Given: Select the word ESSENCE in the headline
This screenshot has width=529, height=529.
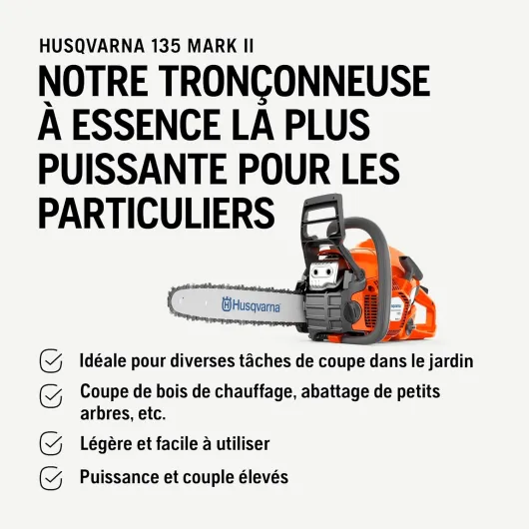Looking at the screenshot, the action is tap(146, 125).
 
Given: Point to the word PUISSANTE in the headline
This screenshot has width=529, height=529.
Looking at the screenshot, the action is tap(132, 169).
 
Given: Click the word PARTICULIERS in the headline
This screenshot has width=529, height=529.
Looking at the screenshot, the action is tap(156, 213).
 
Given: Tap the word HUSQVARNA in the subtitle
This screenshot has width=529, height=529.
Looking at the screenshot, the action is tap(92, 46).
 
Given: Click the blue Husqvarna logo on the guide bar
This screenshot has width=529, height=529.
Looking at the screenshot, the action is tap(251, 304).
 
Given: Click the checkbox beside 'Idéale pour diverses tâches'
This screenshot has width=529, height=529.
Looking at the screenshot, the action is tap(51, 360).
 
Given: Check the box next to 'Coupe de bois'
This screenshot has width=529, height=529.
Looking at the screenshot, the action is tap(51, 396).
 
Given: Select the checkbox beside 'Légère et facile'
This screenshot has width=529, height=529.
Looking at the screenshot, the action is tap(51, 443).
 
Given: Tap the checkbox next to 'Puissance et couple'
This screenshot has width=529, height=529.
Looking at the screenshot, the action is tap(51, 478).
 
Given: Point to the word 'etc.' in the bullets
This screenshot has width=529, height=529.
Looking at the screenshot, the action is tap(152, 414).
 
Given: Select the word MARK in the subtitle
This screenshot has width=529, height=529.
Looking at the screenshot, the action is tap(212, 46).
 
